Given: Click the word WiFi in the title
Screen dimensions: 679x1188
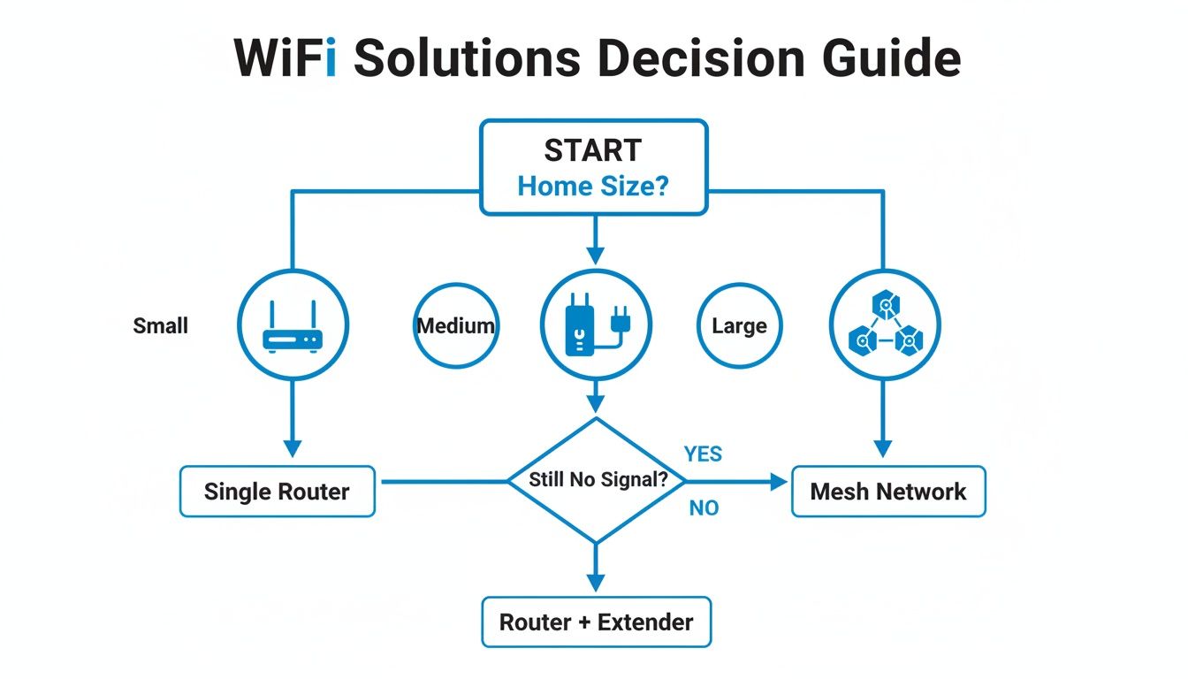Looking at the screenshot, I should (285, 58).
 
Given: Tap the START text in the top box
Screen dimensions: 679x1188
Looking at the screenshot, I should (592, 151).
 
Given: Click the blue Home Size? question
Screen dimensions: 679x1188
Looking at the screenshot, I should (592, 187).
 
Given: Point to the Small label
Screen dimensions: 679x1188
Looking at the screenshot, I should (161, 325).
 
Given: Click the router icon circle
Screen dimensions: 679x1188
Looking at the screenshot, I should (293, 325).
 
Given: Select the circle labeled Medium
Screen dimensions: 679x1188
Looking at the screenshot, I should (455, 325).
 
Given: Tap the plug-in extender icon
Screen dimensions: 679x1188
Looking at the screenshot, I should (595, 325).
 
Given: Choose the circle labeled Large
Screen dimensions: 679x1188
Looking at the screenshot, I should (739, 326).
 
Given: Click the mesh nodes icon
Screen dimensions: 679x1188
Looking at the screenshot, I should (885, 325).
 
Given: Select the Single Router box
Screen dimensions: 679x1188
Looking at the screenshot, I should (277, 492).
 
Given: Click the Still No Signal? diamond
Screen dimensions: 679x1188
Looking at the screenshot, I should (596, 480).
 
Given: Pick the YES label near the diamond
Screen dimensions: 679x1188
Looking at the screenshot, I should (703, 454).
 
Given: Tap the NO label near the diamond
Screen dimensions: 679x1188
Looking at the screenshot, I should (704, 508).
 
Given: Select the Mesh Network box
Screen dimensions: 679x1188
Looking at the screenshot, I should (887, 492).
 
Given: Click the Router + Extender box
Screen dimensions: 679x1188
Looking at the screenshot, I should (596, 622).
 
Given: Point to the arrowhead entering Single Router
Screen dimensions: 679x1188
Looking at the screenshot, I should (293, 447).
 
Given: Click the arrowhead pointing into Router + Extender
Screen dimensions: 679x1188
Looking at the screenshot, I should (596, 582).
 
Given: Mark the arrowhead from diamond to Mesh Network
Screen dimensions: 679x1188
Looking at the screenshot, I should (778, 482).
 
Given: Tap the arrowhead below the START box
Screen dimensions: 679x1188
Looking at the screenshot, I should (596, 255).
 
